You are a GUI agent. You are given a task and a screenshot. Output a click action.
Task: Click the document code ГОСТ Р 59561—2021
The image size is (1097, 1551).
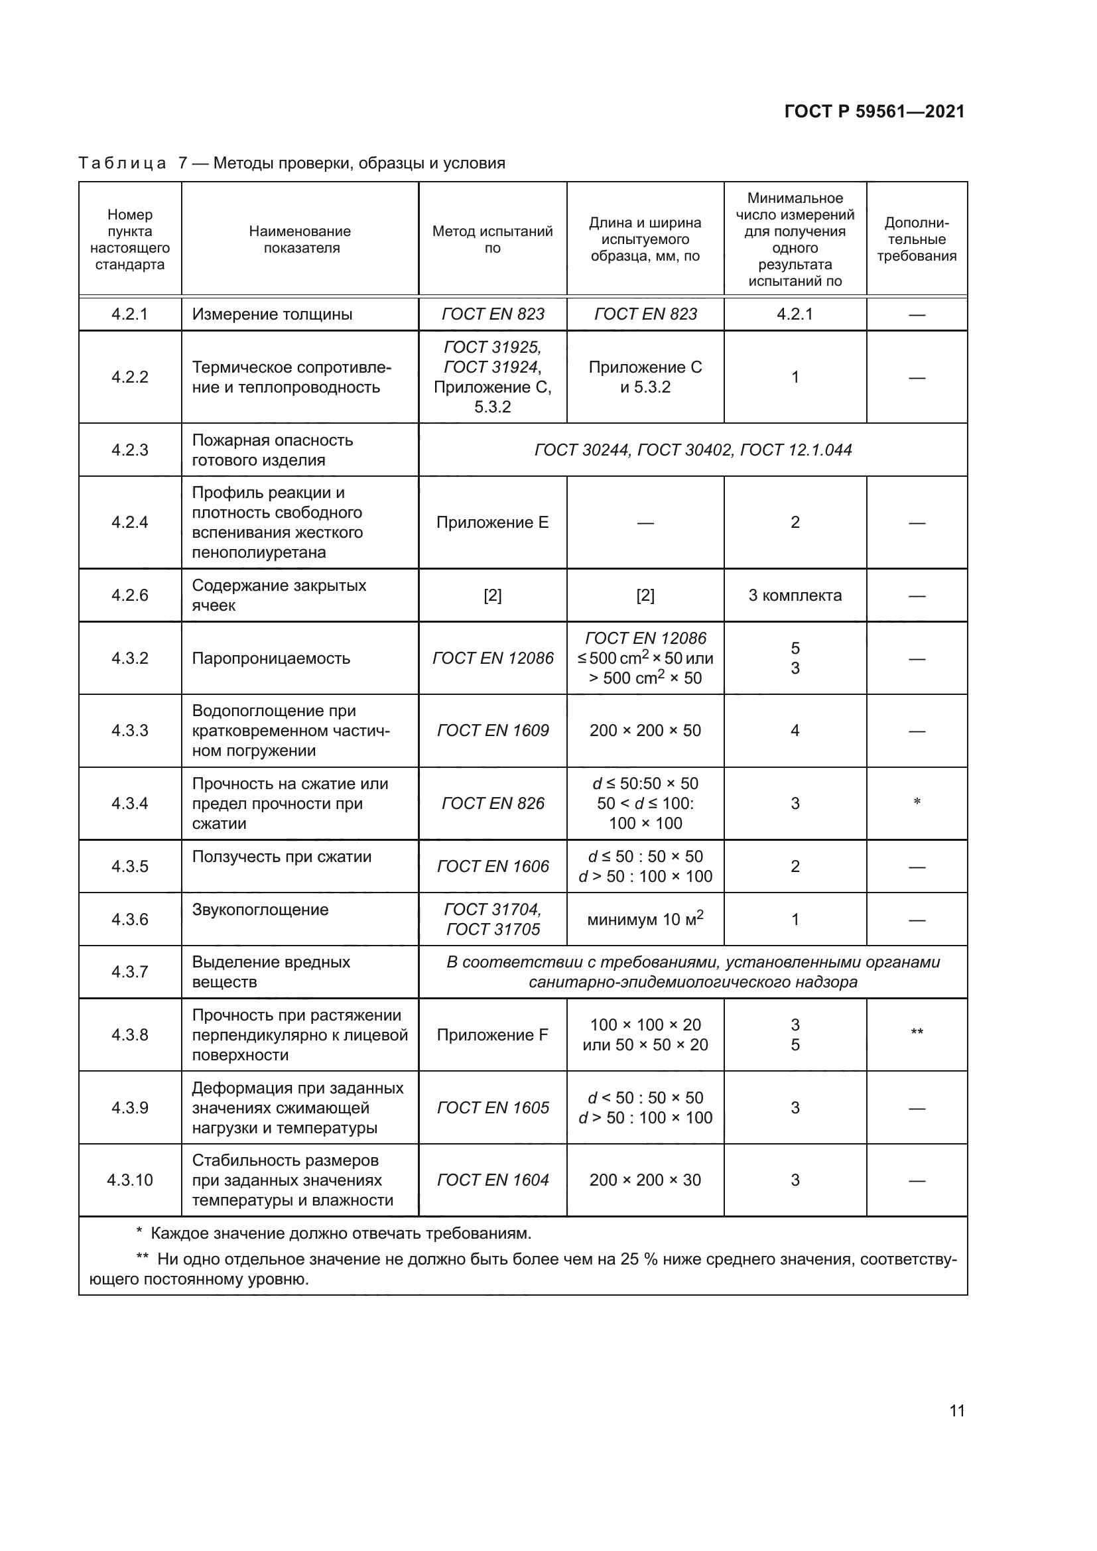(874, 111)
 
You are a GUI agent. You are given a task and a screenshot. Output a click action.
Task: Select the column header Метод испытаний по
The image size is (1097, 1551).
(492, 240)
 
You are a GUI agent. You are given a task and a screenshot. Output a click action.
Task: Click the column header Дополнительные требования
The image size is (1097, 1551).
(917, 240)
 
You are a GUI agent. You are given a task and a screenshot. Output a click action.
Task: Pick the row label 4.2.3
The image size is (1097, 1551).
(130, 450)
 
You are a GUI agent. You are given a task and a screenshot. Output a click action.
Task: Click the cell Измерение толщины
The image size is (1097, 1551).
(272, 314)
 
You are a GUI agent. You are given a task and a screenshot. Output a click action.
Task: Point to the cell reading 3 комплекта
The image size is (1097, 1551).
(795, 595)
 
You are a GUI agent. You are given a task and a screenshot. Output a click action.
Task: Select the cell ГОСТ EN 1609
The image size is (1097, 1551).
(492, 730)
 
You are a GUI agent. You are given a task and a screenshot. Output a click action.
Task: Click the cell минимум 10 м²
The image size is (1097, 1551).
(645, 919)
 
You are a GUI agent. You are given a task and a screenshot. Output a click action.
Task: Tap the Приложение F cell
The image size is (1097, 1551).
(492, 1035)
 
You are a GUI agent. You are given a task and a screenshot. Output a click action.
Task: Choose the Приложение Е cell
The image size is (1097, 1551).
(492, 522)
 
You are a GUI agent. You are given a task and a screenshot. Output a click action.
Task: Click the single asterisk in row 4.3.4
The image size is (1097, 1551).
(917, 802)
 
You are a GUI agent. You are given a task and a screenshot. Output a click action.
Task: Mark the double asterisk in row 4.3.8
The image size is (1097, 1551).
(917, 1032)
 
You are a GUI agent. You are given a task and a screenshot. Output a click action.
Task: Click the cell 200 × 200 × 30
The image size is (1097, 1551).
(645, 1180)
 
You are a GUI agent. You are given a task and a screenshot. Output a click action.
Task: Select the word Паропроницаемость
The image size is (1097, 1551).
(271, 658)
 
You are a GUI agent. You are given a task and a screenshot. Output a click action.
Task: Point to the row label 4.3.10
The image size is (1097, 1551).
(130, 1180)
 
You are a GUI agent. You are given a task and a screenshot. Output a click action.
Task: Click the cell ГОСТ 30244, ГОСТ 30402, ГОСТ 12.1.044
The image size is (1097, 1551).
(693, 450)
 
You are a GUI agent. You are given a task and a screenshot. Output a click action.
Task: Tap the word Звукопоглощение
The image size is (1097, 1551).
(260, 909)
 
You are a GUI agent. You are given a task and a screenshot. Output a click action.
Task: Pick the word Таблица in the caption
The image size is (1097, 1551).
(122, 164)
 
